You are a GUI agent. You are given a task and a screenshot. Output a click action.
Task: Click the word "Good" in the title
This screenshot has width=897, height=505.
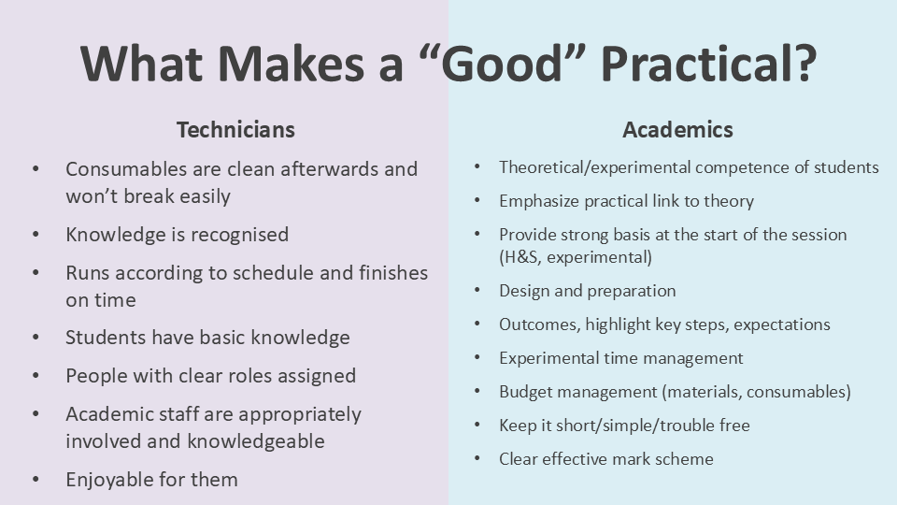coord(502,64)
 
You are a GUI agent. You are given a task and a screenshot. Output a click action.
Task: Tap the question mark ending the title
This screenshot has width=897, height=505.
coord(804,64)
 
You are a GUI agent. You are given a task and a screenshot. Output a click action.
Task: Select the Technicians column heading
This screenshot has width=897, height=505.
coord(235,130)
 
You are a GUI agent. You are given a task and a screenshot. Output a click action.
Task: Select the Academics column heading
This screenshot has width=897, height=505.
coord(678,130)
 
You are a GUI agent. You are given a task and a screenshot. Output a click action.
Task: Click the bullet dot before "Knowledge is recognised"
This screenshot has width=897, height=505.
coord(36,235)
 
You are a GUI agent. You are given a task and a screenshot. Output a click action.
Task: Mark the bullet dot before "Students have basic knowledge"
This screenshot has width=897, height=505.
coord(36,338)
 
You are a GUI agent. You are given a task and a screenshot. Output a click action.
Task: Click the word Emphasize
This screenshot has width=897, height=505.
coord(538,201)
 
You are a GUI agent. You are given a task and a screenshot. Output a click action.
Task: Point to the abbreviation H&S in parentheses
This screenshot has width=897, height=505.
coord(520,257)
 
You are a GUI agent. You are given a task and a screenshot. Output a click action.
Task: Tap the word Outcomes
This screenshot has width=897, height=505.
coord(539,325)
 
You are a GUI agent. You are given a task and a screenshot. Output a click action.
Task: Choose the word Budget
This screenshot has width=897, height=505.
coord(525,392)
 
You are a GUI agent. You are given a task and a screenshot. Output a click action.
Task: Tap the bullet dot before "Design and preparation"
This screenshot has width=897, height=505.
coord(477,291)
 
